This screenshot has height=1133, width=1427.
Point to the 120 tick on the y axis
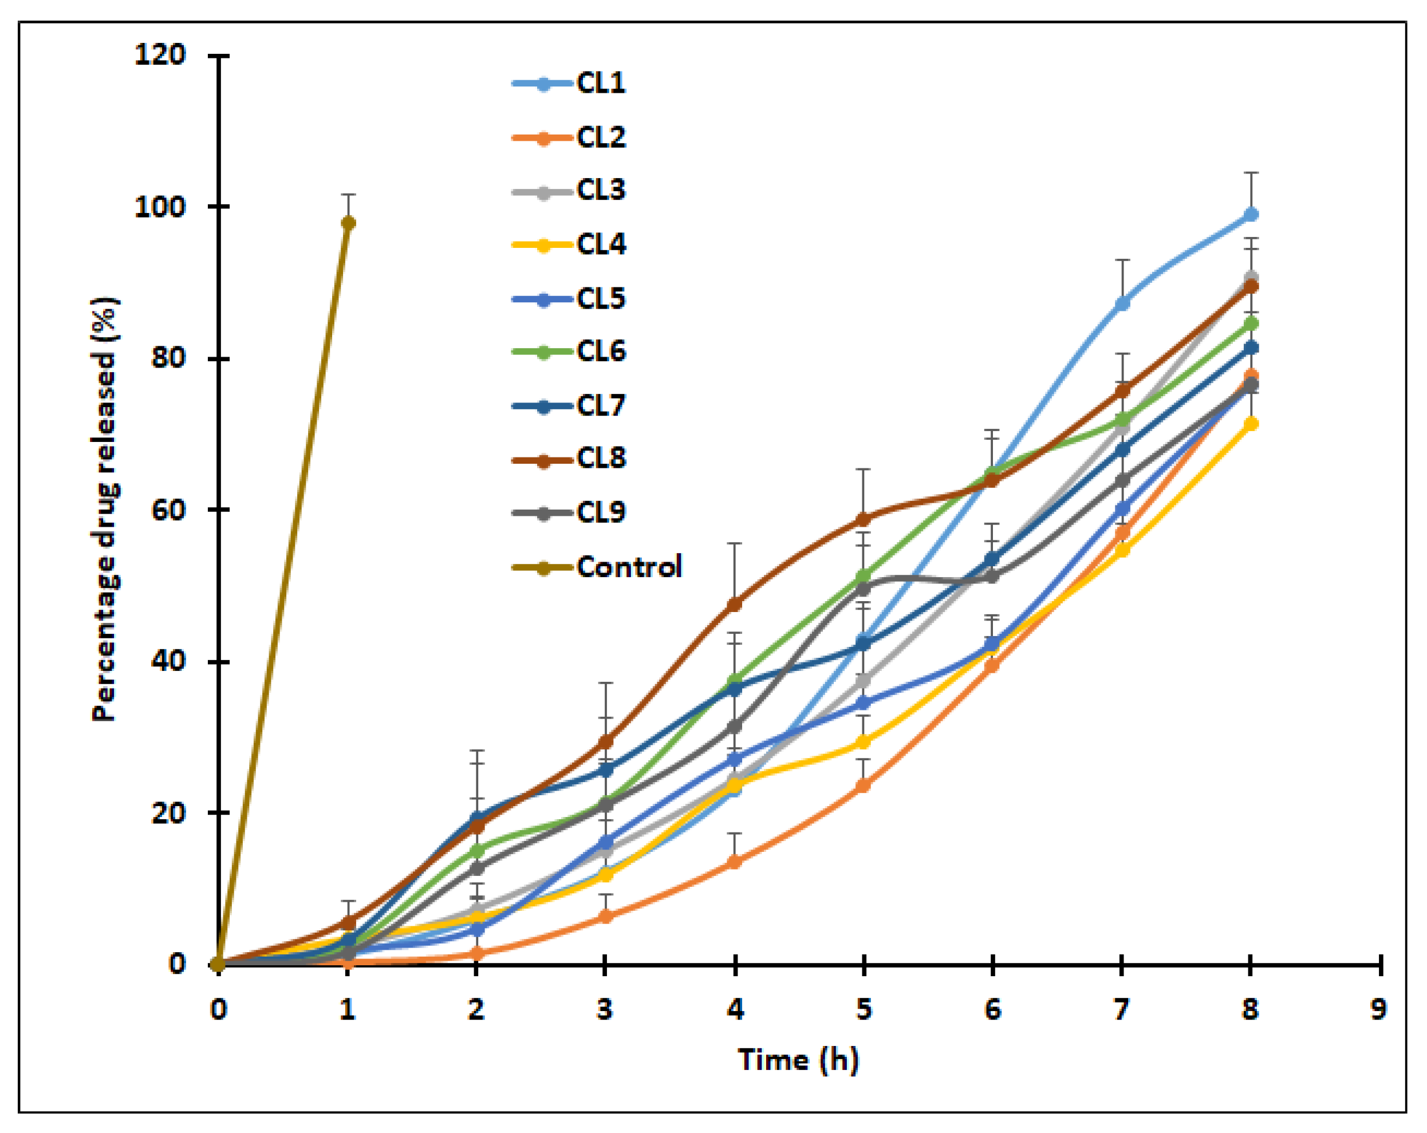point(160,55)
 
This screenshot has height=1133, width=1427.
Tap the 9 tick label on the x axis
point(1378,1010)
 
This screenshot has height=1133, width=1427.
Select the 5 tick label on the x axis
point(863,1010)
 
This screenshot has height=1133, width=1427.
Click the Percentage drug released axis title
point(106,510)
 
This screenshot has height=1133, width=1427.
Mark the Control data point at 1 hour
point(348,223)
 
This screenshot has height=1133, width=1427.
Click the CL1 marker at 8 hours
point(1250,215)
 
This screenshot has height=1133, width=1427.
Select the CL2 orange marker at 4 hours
point(735,862)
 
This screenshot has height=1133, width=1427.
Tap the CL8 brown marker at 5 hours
point(863,519)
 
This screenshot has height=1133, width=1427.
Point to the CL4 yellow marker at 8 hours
point(1250,424)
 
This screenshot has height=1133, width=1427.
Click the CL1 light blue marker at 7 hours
point(1122,303)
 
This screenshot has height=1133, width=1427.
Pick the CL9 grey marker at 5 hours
point(863,587)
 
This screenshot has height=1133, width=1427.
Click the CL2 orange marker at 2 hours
point(476,954)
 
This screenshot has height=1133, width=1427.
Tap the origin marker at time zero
point(218,964)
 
